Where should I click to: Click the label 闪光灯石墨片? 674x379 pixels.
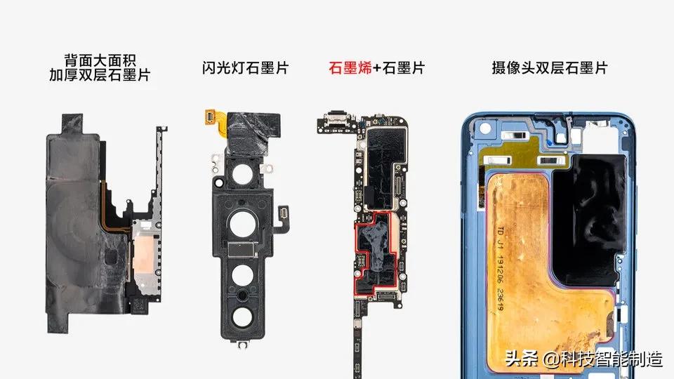pos(244,68)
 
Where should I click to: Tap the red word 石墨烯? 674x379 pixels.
pos(349,68)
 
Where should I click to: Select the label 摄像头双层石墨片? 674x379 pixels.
pos(550,68)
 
